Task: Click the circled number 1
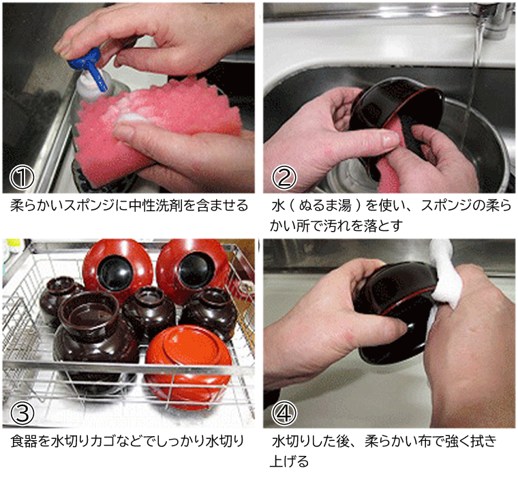(x=22, y=177)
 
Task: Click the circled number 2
(x=284, y=177)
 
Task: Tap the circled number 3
(x=22, y=413)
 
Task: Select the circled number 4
(x=284, y=413)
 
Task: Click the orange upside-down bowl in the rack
(x=188, y=360)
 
